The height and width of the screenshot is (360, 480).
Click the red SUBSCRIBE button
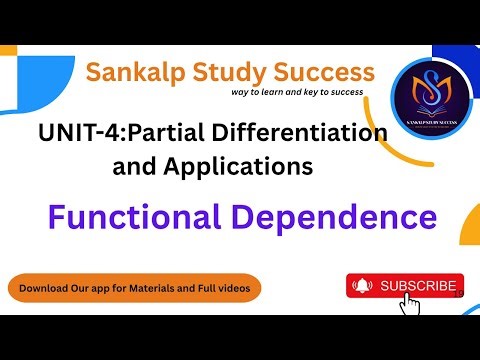pos(405,286)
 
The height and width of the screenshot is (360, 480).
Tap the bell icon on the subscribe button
pos(363,286)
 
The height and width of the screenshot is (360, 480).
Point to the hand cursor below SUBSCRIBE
pos(408,304)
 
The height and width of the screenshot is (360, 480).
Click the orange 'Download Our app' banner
pos(135,289)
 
